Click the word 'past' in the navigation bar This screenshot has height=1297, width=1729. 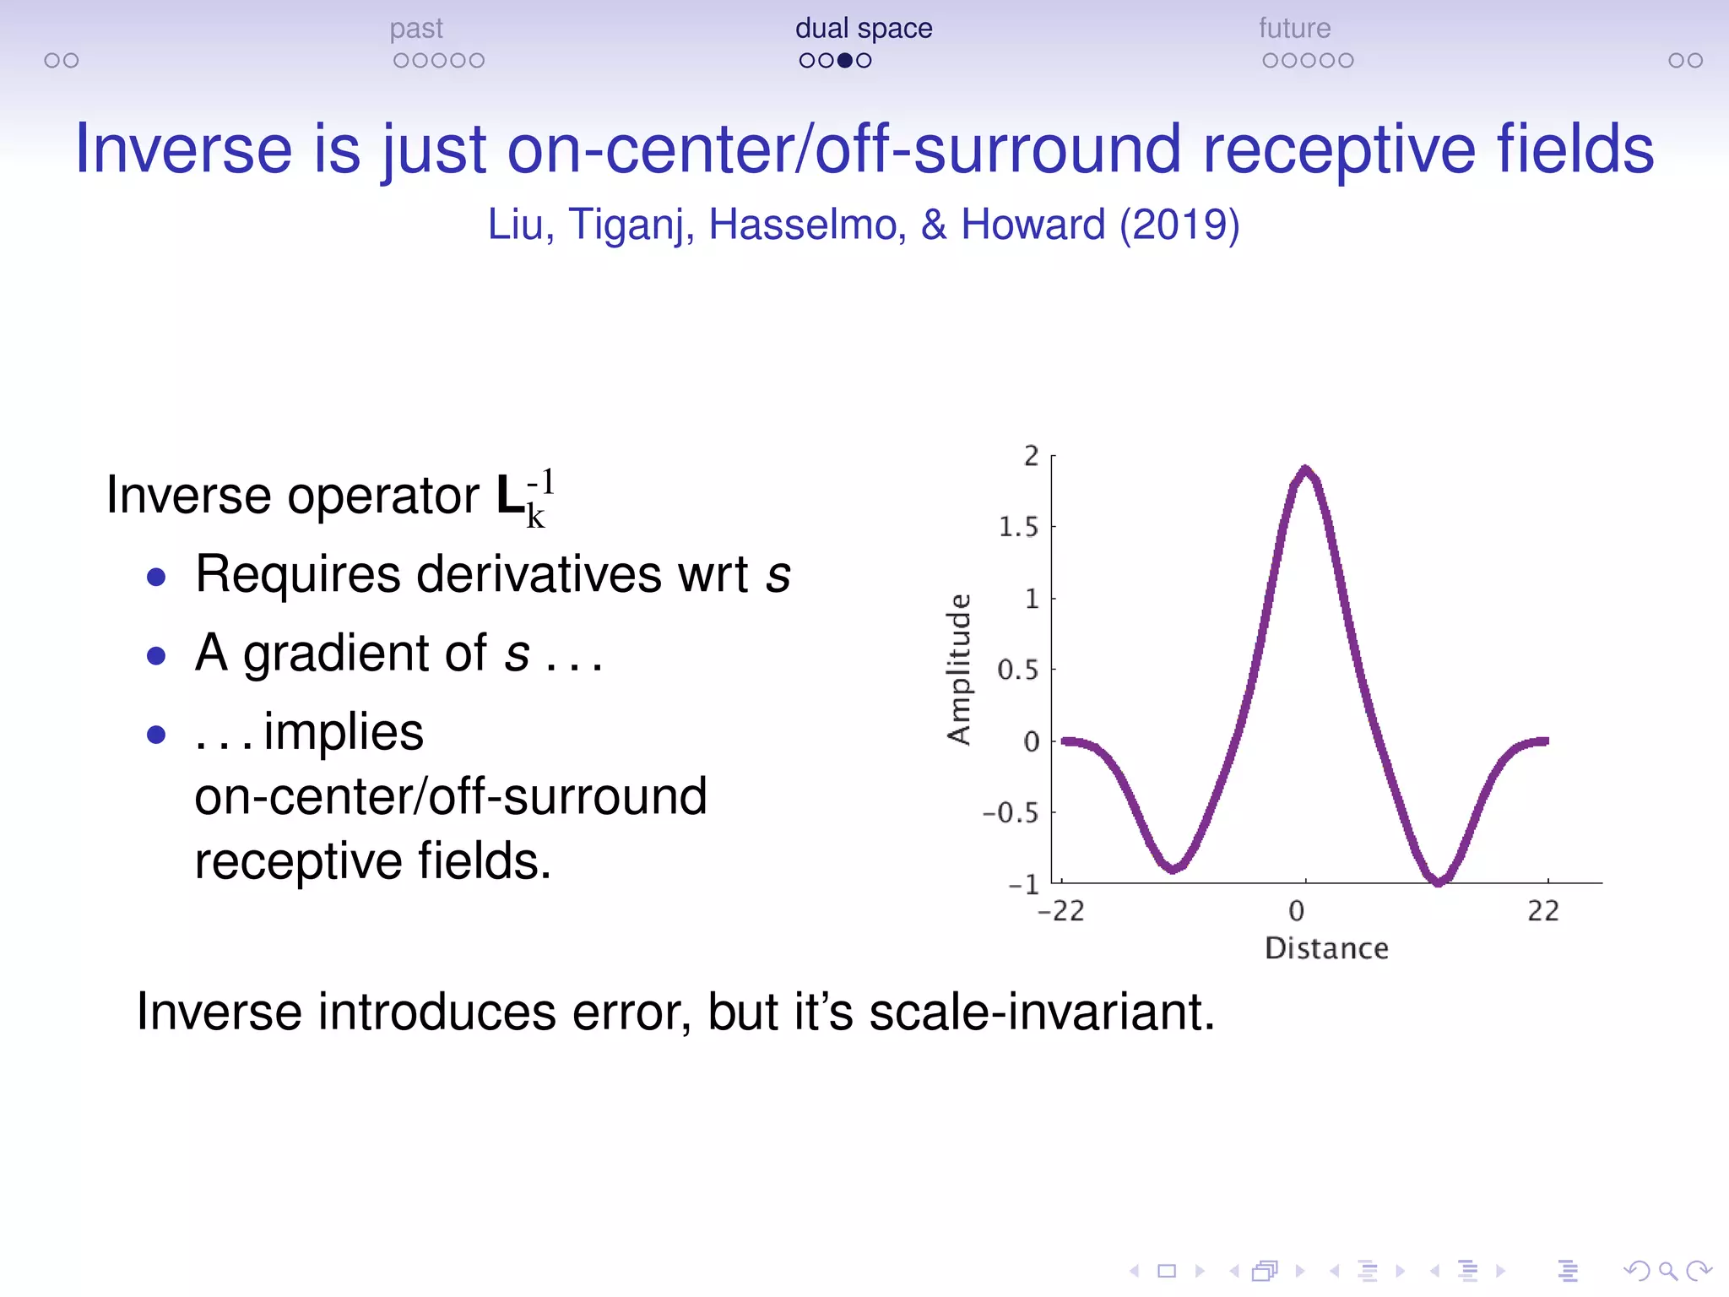[x=416, y=30]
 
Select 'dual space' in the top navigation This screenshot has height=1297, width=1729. [x=864, y=29]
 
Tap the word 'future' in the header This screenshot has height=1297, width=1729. [x=1294, y=29]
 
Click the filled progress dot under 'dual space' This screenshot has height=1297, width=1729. [x=844, y=61]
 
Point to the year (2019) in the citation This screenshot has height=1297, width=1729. [x=1179, y=225]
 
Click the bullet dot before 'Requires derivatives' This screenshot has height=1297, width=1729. [x=156, y=578]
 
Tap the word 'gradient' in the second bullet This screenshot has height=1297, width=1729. [x=365, y=654]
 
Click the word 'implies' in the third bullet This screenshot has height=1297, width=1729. [x=344, y=732]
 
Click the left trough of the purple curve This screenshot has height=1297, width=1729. [x=1173, y=867]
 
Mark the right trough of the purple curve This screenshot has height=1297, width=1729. [x=1439, y=880]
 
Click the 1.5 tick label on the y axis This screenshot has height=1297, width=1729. [x=1018, y=527]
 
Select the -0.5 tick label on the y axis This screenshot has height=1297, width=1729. [x=1011, y=813]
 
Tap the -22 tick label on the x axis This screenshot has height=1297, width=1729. [x=1060, y=911]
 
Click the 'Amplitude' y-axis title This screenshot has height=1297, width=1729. [x=959, y=669]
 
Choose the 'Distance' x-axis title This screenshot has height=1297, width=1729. [x=1326, y=948]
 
